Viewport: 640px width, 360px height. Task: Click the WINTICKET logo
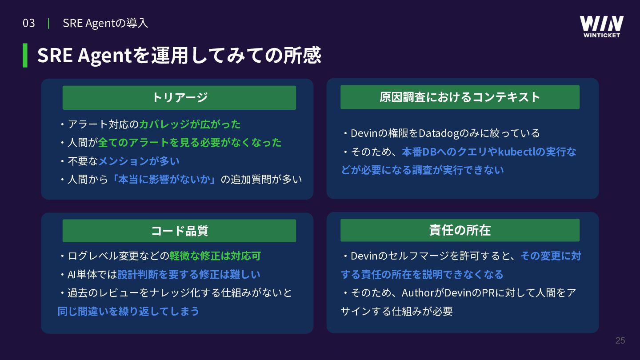[x=601, y=27]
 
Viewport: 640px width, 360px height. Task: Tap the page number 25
[x=620, y=340]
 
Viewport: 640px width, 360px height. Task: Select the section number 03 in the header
[x=28, y=23]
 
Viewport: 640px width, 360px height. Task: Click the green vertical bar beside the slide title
[x=25, y=56]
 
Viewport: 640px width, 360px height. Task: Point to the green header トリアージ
[x=179, y=97]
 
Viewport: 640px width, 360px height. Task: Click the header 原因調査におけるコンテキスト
[x=460, y=97]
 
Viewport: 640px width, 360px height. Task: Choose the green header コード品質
[x=179, y=231]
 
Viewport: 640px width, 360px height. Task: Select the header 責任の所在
[x=460, y=230]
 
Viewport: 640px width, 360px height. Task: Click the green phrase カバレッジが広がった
[x=190, y=124]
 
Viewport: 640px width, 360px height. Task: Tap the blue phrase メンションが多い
[x=139, y=161]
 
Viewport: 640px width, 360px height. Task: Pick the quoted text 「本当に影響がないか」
[x=164, y=180]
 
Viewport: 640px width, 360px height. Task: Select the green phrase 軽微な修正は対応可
[x=215, y=256]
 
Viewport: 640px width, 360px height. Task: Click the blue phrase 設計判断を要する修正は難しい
[x=189, y=274]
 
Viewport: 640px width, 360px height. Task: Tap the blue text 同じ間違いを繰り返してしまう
[x=128, y=311]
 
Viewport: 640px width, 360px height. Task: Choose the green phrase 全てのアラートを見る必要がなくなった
[x=190, y=142]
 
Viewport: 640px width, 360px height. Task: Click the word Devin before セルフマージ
[x=364, y=256]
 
